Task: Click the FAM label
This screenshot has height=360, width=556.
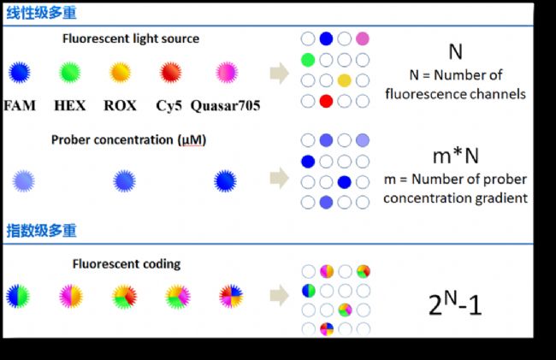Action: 20,105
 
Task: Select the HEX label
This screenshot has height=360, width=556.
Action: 70,105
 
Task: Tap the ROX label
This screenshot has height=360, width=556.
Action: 120,105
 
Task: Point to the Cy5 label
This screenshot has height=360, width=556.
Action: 169,105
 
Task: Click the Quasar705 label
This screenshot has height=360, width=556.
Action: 226,105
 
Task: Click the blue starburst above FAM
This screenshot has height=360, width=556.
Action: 20,73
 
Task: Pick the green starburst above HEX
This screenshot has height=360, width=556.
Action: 70,73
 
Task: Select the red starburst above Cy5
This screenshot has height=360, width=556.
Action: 170,73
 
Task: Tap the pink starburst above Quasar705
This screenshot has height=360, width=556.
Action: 227,73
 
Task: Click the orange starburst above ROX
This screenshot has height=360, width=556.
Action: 121,73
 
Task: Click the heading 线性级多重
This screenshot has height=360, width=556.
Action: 42,13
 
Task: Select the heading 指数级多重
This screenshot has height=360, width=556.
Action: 42,231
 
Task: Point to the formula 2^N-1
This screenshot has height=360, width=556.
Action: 455,304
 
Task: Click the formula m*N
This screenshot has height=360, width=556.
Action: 456,156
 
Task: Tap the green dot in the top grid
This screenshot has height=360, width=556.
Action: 308,60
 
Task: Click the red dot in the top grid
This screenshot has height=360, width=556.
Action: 326,102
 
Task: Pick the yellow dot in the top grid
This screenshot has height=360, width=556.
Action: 345,80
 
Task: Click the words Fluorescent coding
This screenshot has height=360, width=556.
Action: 127,264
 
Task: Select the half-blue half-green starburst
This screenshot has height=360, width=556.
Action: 18,296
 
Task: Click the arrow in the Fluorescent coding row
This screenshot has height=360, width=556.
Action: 280,295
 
